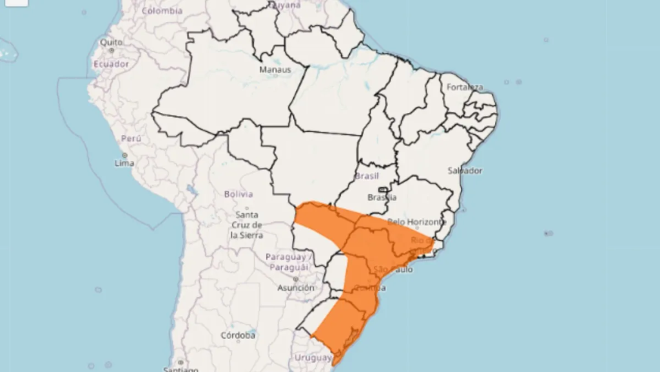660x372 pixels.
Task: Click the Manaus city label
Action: pyautogui.click(x=275, y=70)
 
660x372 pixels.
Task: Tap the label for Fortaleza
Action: pyautogui.click(x=465, y=87)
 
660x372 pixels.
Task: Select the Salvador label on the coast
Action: pyautogui.click(x=465, y=171)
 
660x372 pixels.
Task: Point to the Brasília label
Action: pyautogui.click(x=382, y=198)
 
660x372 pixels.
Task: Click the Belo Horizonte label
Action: pyautogui.click(x=416, y=222)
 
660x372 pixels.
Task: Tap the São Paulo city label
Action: pyautogui.click(x=393, y=269)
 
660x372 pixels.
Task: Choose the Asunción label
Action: pyautogui.click(x=296, y=288)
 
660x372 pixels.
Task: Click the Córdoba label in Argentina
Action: pyautogui.click(x=238, y=336)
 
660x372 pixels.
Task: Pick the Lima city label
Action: pyautogui.click(x=124, y=163)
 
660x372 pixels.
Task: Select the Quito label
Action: pyautogui.click(x=111, y=43)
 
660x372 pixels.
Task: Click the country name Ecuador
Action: pyautogui.click(x=111, y=64)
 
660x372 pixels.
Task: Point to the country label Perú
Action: pyautogui.click(x=131, y=139)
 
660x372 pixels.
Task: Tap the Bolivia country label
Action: pyautogui.click(x=238, y=194)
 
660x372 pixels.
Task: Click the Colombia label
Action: pyautogui.click(x=162, y=11)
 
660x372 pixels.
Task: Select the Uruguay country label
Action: pyautogui.click(x=313, y=358)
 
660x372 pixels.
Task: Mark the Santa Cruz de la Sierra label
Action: pyautogui.click(x=247, y=225)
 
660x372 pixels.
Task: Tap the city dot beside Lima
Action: pyautogui.click(x=124, y=155)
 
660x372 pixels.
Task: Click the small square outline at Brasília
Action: pyautogui.click(x=383, y=190)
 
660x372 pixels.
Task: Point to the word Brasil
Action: pyautogui.click(x=366, y=176)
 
